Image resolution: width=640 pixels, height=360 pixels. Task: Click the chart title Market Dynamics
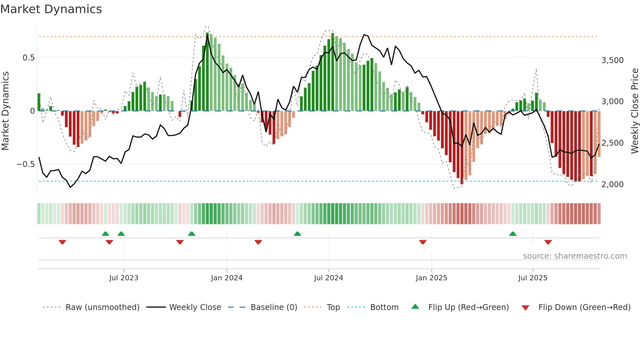tap(51, 9)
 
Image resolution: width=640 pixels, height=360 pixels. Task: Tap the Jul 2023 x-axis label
tap(124, 278)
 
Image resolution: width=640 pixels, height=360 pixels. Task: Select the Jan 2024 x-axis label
tap(227, 278)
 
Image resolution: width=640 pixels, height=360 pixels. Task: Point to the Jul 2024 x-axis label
tap(328, 278)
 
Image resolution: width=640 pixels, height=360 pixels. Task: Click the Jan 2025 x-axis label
tap(431, 278)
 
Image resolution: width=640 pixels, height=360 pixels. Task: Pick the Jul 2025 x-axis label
tap(533, 278)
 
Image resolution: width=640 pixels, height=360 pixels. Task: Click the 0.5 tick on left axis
tap(28, 58)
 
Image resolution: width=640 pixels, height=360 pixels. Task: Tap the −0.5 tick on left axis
tap(26, 164)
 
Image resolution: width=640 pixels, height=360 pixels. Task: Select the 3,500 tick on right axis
tap(612, 60)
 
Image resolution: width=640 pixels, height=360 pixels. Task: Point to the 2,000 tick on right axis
tap(612, 185)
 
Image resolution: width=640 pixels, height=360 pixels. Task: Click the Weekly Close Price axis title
tap(634, 111)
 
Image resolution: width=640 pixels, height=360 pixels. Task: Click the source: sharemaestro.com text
tap(575, 256)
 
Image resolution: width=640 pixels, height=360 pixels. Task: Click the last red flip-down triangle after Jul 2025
tap(548, 242)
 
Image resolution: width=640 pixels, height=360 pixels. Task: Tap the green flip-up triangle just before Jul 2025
tap(513, 234)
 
